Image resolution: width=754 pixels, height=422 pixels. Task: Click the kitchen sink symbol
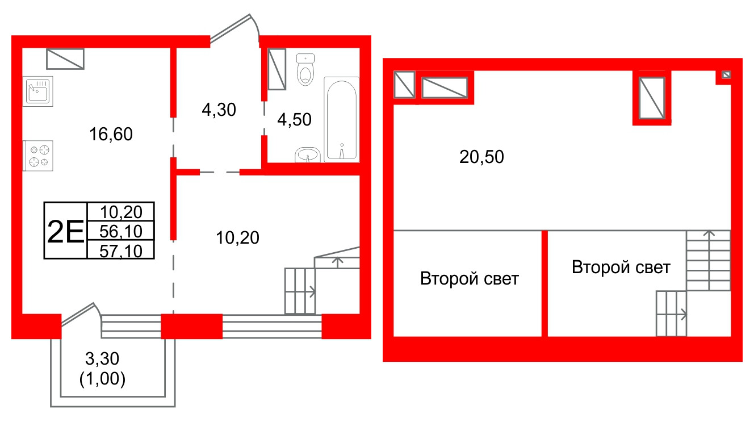pos(37,91)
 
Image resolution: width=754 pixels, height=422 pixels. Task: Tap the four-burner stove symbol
pos(37,156)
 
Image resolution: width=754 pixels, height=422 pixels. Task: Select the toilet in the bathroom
pos(305,69)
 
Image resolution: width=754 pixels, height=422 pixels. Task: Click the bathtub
pos(341,120)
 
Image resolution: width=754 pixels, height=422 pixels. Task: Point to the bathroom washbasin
pos(308,155)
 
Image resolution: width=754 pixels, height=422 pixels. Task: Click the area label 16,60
pos(111,134)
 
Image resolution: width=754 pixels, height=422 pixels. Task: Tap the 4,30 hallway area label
pos(219,110)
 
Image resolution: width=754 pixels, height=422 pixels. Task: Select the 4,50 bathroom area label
pos(294,120)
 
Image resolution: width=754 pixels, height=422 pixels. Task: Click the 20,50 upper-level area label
pos(481,157)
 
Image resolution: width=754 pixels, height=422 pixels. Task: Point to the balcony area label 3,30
pos(102,358)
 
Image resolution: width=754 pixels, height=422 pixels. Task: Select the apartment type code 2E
pos(65,231)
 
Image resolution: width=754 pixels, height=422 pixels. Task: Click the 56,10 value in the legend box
pos(121,231)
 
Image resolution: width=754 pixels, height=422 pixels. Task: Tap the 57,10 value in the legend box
pos(121,251)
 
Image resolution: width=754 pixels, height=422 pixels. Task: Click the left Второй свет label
pos(469,279)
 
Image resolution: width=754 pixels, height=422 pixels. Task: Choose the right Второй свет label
pos(621,268)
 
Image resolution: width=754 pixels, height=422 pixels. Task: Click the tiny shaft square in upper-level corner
pos(726,74)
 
